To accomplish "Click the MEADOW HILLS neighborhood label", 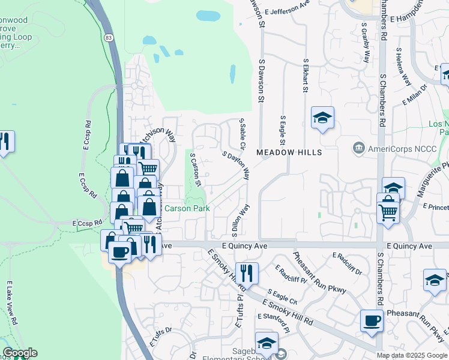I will click(289, 152).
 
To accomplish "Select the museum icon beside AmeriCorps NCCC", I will click(359, 148).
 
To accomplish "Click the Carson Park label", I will click(187, 209).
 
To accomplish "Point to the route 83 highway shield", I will click(107, 38).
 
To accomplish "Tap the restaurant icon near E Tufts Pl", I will click(247, 273).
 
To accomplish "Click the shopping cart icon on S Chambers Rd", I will click(388, 212).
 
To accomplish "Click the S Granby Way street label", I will click(365, 43).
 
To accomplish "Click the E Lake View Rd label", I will click(13, 303).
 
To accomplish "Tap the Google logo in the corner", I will click(19, 353).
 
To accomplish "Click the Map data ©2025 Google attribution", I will click(412, 355).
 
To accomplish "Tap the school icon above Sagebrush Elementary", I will click(267, 343).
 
